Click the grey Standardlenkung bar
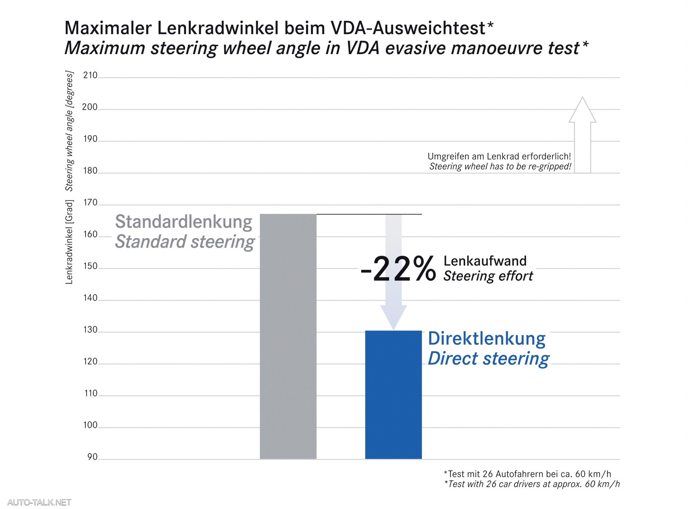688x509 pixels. pyautogui.click(x=288, y=336)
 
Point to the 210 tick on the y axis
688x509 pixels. pyautogui.click(x=90, y=75)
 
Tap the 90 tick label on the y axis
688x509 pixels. pyautogui.click(x=92, y=457)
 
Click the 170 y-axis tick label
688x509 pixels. pyautogui.click(x=90, y=203)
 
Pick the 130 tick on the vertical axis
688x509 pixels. pyautogui.click(x=90, y=330)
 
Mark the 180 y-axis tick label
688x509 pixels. pyautogui.click(x=90, y=171)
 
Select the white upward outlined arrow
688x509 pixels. pyautogui.click(x=582, y=136)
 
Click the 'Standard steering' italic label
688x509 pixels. pyautogui.click(x=185, y=242)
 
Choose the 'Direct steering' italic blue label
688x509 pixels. pyautogui.click(x=488, y=359)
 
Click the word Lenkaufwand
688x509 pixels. pyautogui.click(x=485, y=261)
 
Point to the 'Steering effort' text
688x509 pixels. pyautogui.click(x=488, y=276)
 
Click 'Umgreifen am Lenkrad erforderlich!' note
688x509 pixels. pyautogui.click(x=499, y=156)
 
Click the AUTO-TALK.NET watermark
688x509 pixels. pyautogui.click(x=39, y=503)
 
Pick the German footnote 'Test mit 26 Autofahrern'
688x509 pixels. pyautogui.click(x=527, y=474)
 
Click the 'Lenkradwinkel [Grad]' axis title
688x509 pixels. pyautogui.click(x=69, y=242)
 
